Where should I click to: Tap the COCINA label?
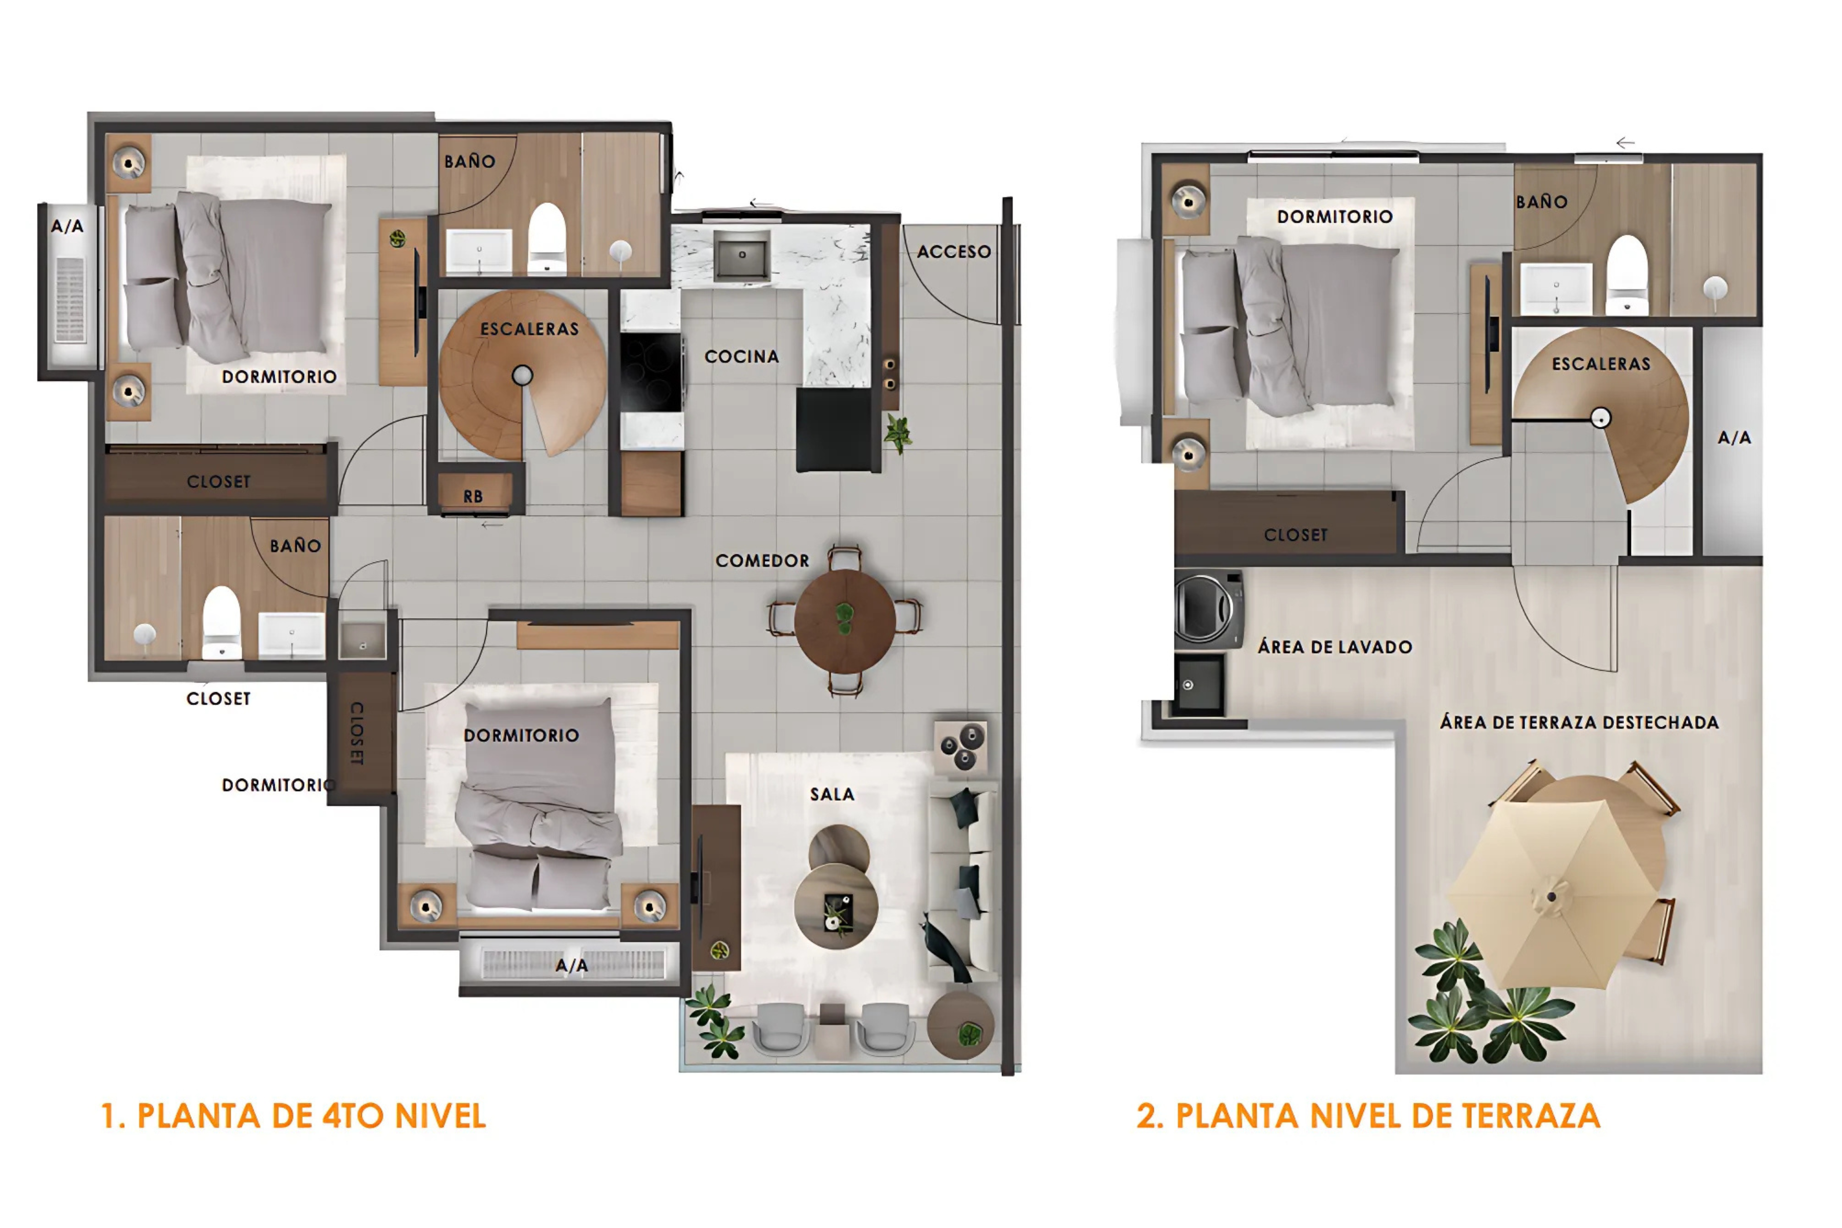point(741,356)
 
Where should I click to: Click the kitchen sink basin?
point(741,254)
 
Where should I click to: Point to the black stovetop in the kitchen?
point(650,372)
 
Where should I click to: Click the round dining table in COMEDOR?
point(844,620)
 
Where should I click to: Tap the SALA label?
point(832,794)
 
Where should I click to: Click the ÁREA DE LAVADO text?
point(1334,647)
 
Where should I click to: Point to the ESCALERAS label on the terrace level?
point(1601,364)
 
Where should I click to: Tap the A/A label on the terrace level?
point(1734,438)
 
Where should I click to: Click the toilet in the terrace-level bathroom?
point(1627,274)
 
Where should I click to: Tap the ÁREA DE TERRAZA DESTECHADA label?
point(1579,722)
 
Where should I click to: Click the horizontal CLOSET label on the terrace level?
point(1295,535)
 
